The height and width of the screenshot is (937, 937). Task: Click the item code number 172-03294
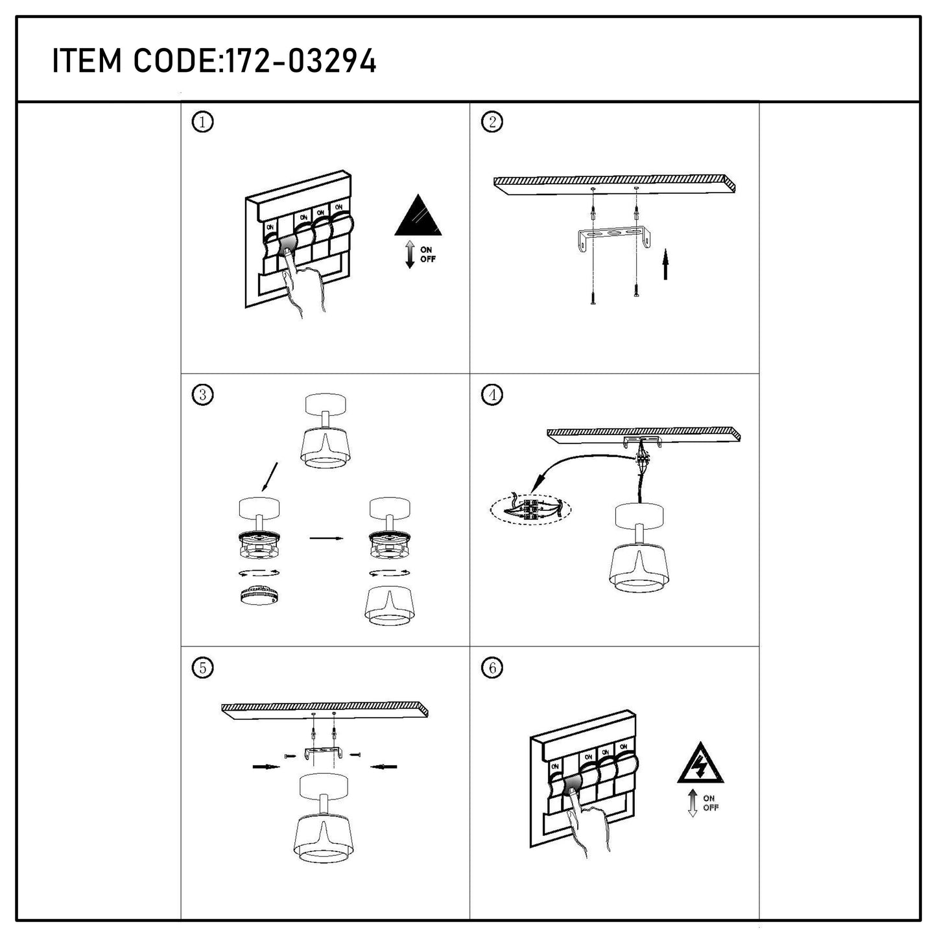click(x=300, y=61)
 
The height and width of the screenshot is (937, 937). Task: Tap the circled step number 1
click(x=202, y=122)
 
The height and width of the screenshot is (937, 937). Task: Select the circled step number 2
click(x=492, y=122)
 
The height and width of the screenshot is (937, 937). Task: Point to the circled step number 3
click(x=202, y=394)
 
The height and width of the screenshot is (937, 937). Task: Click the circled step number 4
click(x=492, y=394)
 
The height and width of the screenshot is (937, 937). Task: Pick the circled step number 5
click(x=202, y=668)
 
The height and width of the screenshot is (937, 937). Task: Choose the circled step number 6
click(x=492, y=668)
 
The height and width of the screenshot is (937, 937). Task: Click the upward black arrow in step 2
click(x=665, y=265)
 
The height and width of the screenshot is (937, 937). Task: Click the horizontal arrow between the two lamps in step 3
click(x=327, y=538)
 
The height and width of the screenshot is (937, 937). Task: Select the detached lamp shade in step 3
click(x=390, y=605)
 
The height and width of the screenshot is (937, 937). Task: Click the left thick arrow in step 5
click(x=267, y=767)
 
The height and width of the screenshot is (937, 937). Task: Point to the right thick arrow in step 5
click(x=384, y=767)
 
